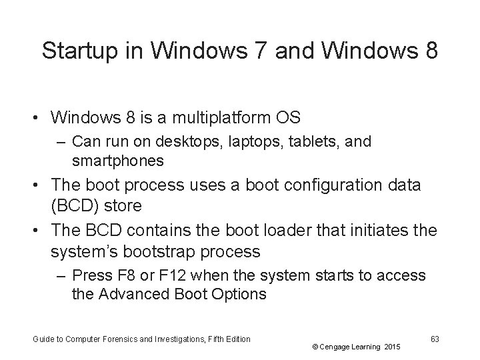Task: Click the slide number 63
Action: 435,339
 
